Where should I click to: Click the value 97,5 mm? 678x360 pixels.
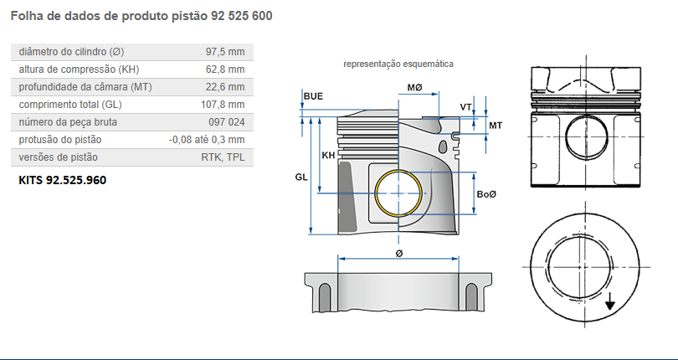[x=224, y=52]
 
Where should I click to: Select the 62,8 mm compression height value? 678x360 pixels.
[x=224, y=69]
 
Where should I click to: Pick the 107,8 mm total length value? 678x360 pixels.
[x=222, y=105]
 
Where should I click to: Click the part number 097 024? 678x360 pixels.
[x=226, y=122]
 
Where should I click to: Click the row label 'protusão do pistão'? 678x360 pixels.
[x=60, y=140]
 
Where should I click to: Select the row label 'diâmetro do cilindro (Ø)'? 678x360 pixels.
[x=72, y=52]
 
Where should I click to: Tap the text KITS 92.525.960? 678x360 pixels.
[x=63, y=180]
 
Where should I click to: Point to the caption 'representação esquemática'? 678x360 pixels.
[x=398, y=64]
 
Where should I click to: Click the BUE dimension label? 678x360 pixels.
[x=313, y=96]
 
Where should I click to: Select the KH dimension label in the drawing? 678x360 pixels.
[x=329, y=156]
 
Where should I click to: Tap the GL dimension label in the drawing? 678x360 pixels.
[x=301, y=177]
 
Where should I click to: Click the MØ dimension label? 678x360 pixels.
[x=414, y=88]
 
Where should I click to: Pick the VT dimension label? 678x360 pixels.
[x=465, y=107]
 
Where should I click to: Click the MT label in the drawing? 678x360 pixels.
[x=495, y=125]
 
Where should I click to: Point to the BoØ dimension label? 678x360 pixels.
[x=486, y=194]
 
